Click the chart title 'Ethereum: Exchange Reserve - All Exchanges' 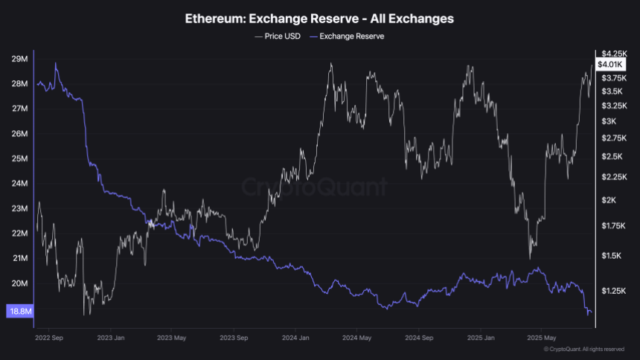(320, 18)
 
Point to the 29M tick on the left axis (21, 59)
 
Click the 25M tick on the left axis (21, 159)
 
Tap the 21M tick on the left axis (21, 258)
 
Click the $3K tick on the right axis (609, 121)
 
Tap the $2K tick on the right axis (609, 200)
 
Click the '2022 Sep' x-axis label (49, 336)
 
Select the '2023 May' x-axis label (171, 336)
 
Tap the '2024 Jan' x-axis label (295, 336)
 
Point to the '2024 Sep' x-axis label (417, 336)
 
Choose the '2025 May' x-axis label (540, 336)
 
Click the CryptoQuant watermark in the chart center (316, 187)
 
